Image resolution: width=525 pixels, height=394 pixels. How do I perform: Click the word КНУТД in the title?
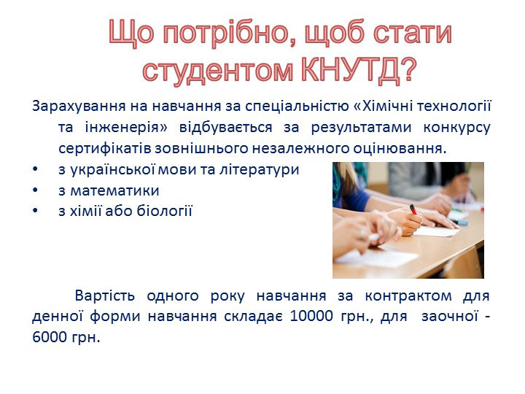pyautogui.click(x=351, y=70)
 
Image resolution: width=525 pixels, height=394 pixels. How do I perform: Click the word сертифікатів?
pyautogui.click(x=105, y=148)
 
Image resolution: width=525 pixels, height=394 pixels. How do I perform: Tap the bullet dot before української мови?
pyautogui.click(x=36, y=170)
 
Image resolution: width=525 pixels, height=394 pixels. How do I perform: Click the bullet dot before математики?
pyautogui.click(x=36, y=190)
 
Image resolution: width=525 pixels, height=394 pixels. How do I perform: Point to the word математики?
pyautogui.click(x=114, y=190)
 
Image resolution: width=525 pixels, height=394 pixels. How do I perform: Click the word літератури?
pyautogui.click(x=259, y=169)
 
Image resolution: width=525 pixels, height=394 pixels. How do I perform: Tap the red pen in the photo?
pyautogui.click(x=413, y=209)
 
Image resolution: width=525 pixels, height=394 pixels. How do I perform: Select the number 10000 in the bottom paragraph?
pyautogui.click(x=311, y=316)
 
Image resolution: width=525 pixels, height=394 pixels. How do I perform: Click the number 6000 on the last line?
pyautogui.click(x=50, y=337)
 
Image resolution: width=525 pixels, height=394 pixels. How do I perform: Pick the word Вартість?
pyautogui.click(x=105, y=295)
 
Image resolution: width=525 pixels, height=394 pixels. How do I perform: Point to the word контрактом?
pyautogui.click(x=408, y=295)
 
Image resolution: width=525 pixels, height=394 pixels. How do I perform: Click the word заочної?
pyautogui.click(x=450, y=316)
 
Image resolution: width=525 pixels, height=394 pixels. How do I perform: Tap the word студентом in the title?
pyautogui.click(x=218, y=71)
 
